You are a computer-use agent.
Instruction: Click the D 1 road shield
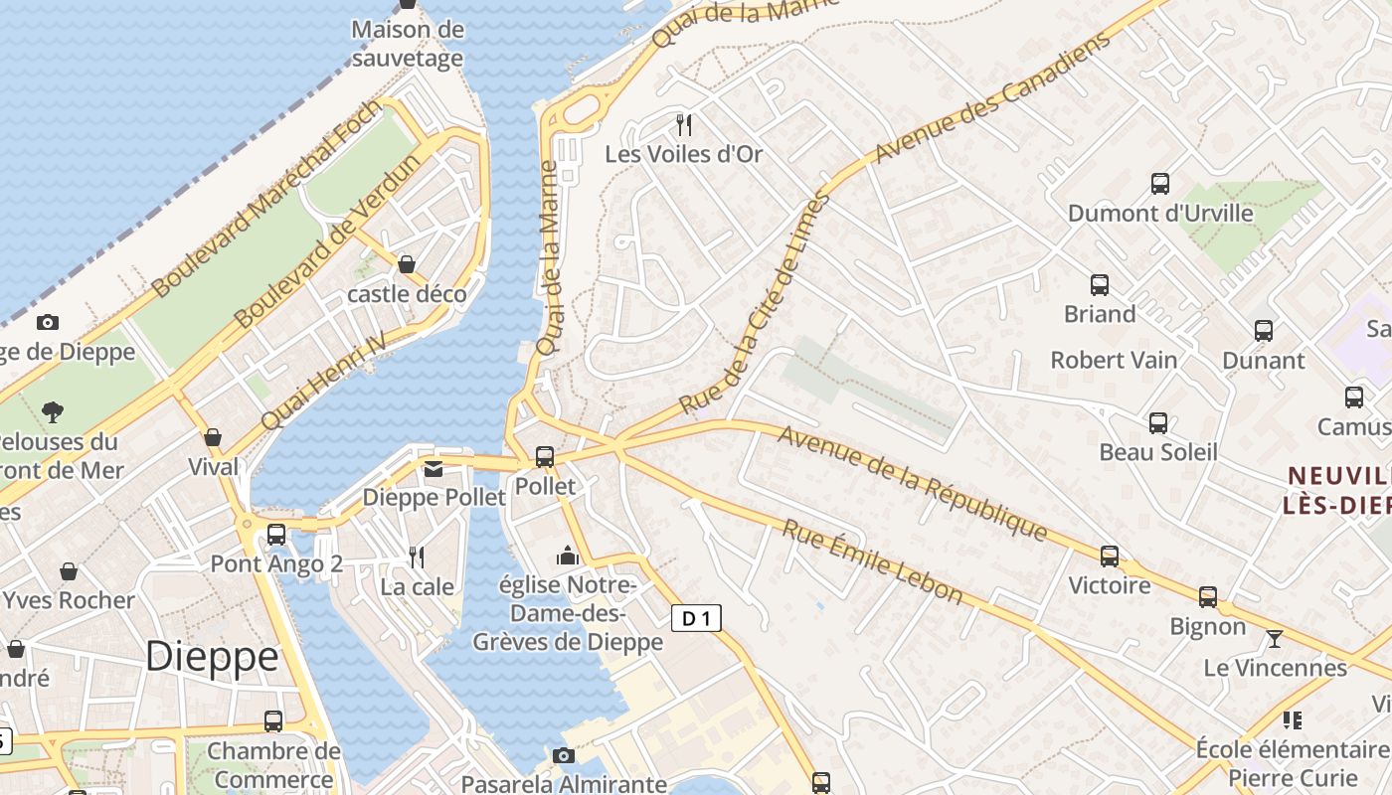(696, 619)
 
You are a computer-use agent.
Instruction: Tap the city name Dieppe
(212, 657)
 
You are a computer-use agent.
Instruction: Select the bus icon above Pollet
(545, 457)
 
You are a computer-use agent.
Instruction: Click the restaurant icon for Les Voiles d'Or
(683, 125)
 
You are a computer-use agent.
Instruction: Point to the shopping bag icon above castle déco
(407, 264)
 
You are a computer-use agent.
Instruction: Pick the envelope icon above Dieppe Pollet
(434, 469)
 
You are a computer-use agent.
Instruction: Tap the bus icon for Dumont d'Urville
(1159, 184)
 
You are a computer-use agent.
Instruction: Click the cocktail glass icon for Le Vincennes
(1274, 638)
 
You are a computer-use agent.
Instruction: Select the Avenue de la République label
(913, 484)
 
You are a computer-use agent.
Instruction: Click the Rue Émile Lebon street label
(873, 561)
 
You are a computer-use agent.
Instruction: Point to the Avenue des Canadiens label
(992, 97)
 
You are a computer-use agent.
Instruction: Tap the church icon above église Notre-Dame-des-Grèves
(568, 556)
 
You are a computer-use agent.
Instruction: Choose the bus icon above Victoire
(1110, 556)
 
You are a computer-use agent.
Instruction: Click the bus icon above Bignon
(1207, 597)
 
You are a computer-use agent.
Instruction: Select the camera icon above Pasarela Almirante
(564, 756)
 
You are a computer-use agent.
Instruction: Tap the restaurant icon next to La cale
(418, 557)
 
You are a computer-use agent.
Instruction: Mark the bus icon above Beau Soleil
(1157, 423)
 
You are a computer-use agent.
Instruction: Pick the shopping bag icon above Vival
(213, 438)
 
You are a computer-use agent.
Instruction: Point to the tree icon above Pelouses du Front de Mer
(53, 411)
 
